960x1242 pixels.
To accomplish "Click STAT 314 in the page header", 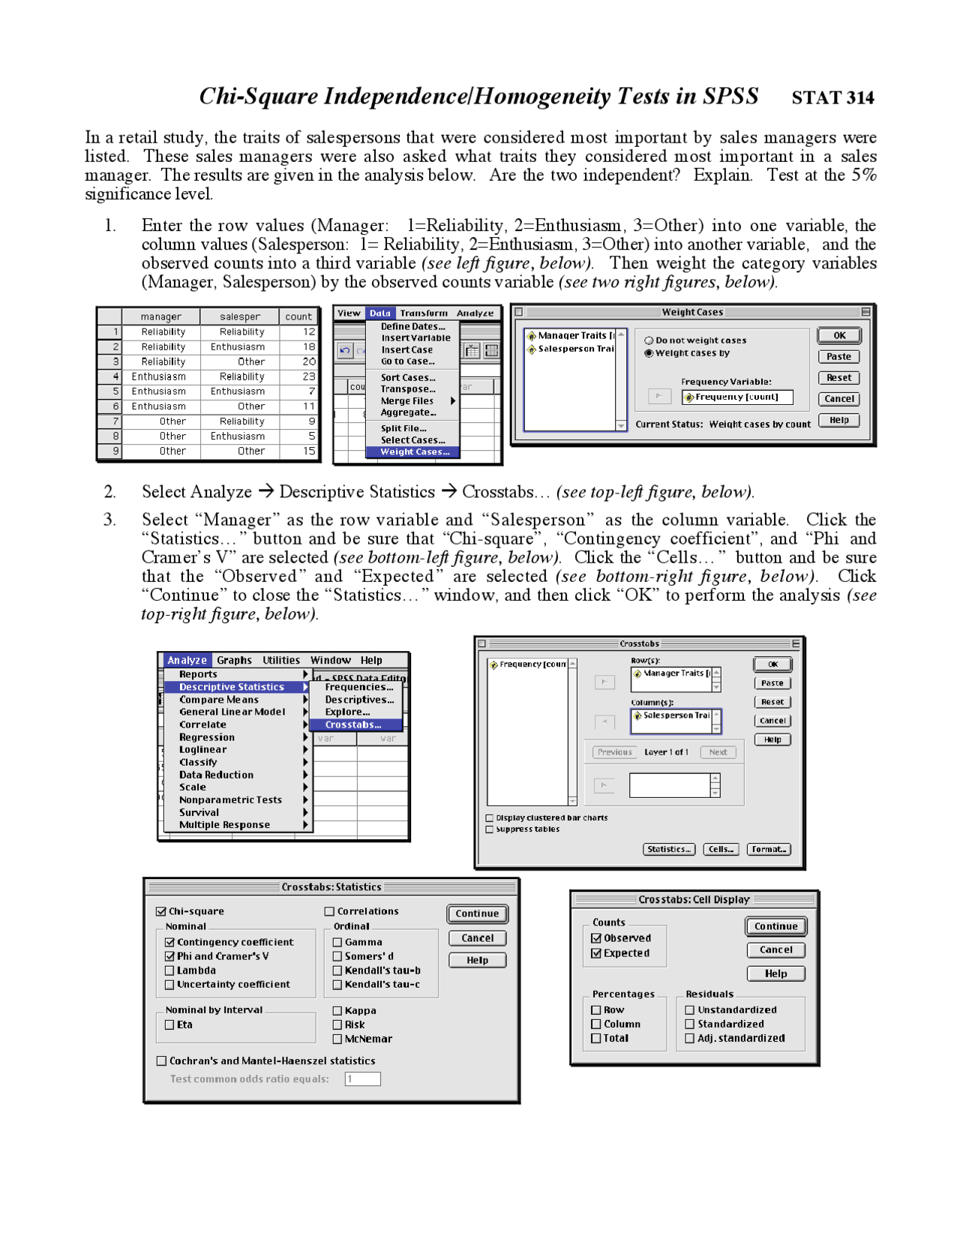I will (x=832, y=97).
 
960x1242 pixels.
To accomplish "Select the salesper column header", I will (x=240, y=316).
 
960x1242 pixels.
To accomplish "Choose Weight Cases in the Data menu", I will (x=414, y=451).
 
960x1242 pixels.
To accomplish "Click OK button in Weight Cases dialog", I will (x=838, y=335).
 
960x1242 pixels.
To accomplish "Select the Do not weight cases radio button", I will (x=649, y=340).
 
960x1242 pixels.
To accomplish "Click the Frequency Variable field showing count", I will (x=736, y=397).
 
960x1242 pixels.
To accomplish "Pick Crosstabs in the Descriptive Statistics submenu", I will (x=353, y=724).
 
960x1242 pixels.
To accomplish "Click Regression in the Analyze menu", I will (x=206, y=737).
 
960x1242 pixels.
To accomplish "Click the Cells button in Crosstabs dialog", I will (x=720, y=849).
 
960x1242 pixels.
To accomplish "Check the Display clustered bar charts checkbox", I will (x=490, y=817).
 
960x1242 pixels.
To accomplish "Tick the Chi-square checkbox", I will (x=160, y=911).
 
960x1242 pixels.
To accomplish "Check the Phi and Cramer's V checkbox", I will (x=169, y=956).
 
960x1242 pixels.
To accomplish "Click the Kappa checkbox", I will (x=337, y=1010).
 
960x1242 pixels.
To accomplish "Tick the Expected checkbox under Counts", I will (x=596, y=953).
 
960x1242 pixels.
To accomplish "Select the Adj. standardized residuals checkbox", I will (x=690, y=1038).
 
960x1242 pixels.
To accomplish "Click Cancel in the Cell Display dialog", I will (x=775, y=949).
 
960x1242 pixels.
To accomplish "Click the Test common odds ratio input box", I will (x=362, y=1078).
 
